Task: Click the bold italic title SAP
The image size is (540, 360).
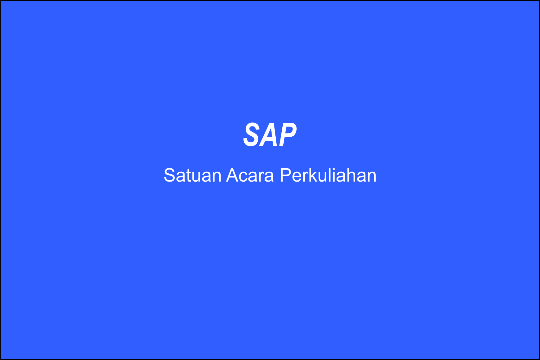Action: tap(270, 134)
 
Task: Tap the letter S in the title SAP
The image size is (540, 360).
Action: tap(252, 134)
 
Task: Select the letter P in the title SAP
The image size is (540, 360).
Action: tap(288, 134)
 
